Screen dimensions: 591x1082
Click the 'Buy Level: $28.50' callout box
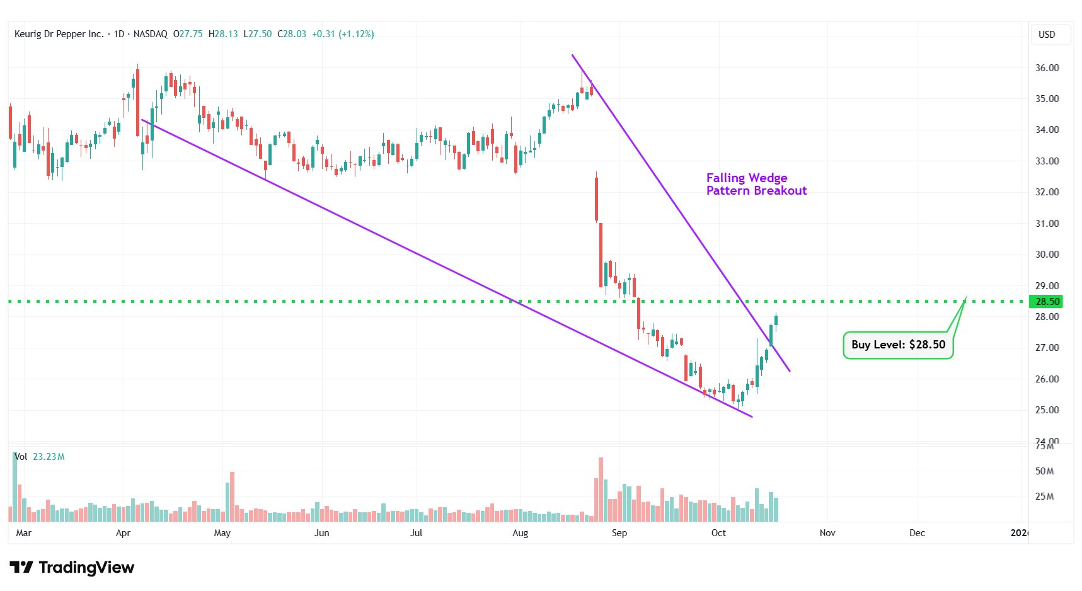pos(898,345)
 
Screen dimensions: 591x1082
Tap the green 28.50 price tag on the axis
pos(1046,302)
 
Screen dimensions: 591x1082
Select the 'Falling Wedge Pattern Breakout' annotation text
pos(756,184)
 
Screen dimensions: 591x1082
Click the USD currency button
pos(1047,35)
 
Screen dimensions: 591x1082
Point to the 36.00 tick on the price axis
pos(1047,68)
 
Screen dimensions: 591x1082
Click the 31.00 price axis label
pos(1047,224)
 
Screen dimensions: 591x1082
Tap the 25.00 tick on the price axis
pos(1047,410)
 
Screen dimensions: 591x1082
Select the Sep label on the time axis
pos(619,533)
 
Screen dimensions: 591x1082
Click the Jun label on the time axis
pos(321,533)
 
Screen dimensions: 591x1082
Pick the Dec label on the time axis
pos(917,533)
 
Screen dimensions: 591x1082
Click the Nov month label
pos(827,533)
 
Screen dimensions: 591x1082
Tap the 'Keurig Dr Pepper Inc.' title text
pos(59,34)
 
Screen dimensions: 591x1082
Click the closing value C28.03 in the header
pos(292,34)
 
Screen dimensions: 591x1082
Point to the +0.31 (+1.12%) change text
pos(343,34)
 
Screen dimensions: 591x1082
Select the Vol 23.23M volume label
pos(40,457)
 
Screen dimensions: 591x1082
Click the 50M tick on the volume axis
pos(1044,471)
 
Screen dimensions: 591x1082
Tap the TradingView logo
pos(72,568)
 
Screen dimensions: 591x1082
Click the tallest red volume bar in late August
pos(601,490)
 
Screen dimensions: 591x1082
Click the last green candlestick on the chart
pos(776,320)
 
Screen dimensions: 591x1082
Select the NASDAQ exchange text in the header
pos(151,34)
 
